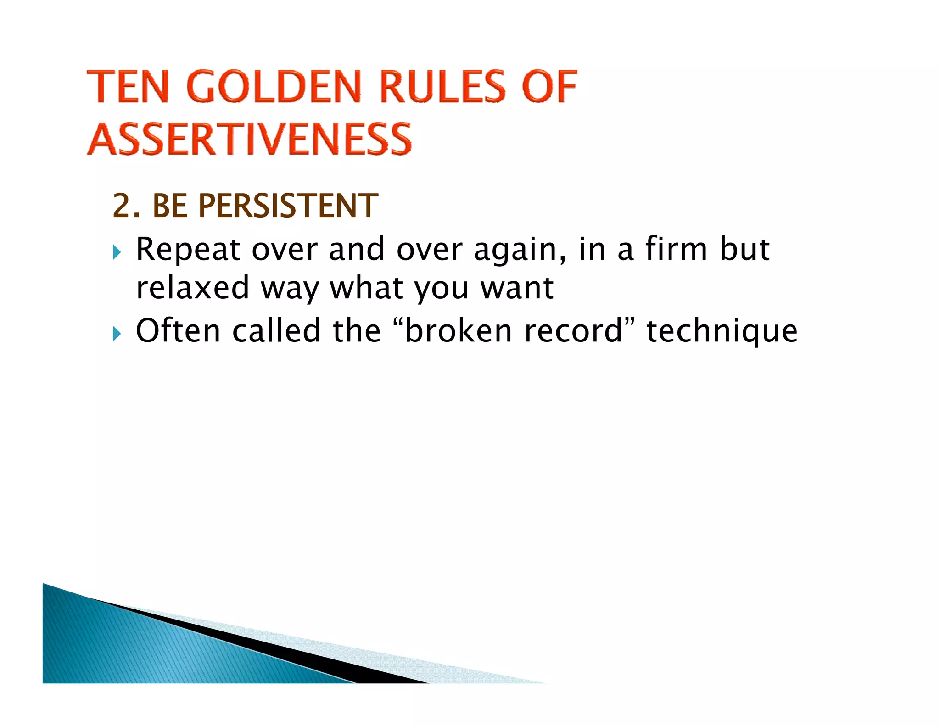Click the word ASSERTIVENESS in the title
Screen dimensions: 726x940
(249, 139)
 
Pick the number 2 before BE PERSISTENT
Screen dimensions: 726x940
(121, 206)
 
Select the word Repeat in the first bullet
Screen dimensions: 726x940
(188, 250)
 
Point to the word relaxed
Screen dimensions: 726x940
(192, 288)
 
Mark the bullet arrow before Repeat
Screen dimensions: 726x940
(117, 252)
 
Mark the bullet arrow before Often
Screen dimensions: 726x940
(117, 334)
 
